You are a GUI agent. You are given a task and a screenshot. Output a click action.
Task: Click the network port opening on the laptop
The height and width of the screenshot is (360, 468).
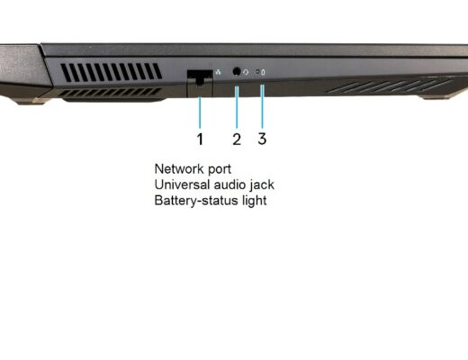[x=200, y=76]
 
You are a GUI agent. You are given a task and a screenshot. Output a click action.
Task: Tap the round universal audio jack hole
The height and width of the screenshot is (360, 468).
[x=237, y=71]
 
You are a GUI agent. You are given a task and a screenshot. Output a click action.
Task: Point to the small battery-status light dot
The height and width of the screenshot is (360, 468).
[x=257, y=72]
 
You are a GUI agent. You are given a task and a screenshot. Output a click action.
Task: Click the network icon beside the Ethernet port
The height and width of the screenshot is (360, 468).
[x=219, y=72]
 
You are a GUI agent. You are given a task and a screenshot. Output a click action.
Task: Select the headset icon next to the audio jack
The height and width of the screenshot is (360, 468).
[x=246, y=72]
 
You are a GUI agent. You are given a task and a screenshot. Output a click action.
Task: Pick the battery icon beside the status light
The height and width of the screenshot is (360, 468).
[x=263, y=72]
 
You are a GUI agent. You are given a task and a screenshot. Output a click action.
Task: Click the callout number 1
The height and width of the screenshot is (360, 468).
[x=200, y=139]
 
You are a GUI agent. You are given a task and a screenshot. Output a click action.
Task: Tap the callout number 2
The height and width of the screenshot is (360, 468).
[x=237, y=139]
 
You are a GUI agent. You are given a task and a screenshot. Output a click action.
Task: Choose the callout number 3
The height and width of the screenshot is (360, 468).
[x=262, y=139]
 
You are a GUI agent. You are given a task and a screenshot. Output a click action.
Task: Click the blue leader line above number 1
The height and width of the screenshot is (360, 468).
[x=200, y=112]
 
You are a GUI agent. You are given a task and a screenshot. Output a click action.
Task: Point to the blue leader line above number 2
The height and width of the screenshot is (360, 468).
[x=237, y=107]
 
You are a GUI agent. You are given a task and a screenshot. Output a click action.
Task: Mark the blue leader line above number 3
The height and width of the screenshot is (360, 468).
[x=263, y=107]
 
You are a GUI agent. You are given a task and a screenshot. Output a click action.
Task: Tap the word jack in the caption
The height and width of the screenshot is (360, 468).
[x=262, y=185]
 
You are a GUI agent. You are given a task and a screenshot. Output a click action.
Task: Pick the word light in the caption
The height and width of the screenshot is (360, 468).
[x=255, y=201]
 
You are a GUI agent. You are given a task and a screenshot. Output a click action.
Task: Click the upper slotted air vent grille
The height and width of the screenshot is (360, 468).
[x=112, y=73]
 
